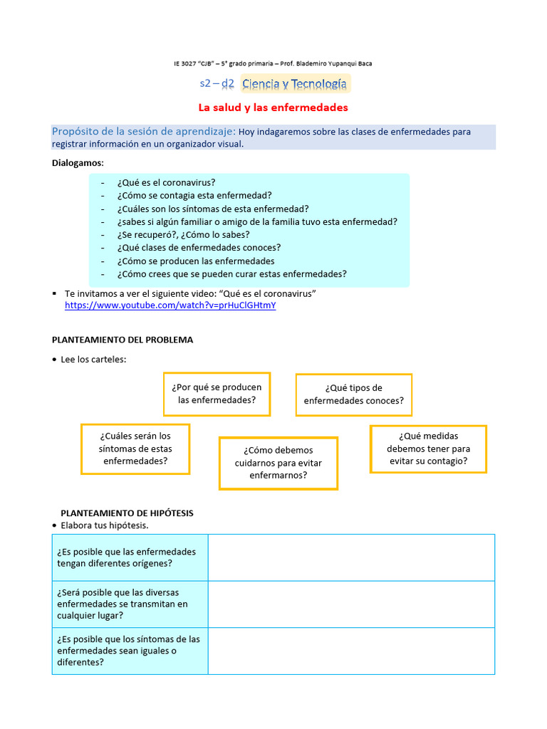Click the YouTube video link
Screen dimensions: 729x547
click(x=170, y=305)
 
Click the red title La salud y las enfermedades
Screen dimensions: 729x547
click(x=273, y=107)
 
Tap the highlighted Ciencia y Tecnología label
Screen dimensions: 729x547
click(x=294, y=84)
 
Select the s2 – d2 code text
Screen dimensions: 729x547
click(x=217, y=83)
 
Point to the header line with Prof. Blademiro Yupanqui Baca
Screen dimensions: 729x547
click(x=273, y=63)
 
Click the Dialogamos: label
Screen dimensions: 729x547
click(x=78, y=163)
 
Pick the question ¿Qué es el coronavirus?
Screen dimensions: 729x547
click(x=167, y=182)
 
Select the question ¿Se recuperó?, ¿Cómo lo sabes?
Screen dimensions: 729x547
click(x=184, y=234)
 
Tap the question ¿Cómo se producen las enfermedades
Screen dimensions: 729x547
click(x=196, y=261)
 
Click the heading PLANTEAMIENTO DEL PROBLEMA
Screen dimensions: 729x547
click(x=123, y=340)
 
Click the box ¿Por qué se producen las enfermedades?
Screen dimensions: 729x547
click(x=217, y=394)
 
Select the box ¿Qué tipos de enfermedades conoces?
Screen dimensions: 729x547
click(x=353, y=394)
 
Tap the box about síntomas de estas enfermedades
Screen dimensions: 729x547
click(x=135, y=449)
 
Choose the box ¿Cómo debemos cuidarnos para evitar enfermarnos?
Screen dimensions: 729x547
click(x=278, y=463)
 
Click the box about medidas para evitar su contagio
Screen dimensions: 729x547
click(x=428, y=449)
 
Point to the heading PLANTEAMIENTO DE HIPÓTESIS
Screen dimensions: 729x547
click(x=127, y=513)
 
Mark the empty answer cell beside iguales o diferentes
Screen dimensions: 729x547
click(x=351, y=651)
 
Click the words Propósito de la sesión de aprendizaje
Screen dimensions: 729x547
click(x=144, y=132)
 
